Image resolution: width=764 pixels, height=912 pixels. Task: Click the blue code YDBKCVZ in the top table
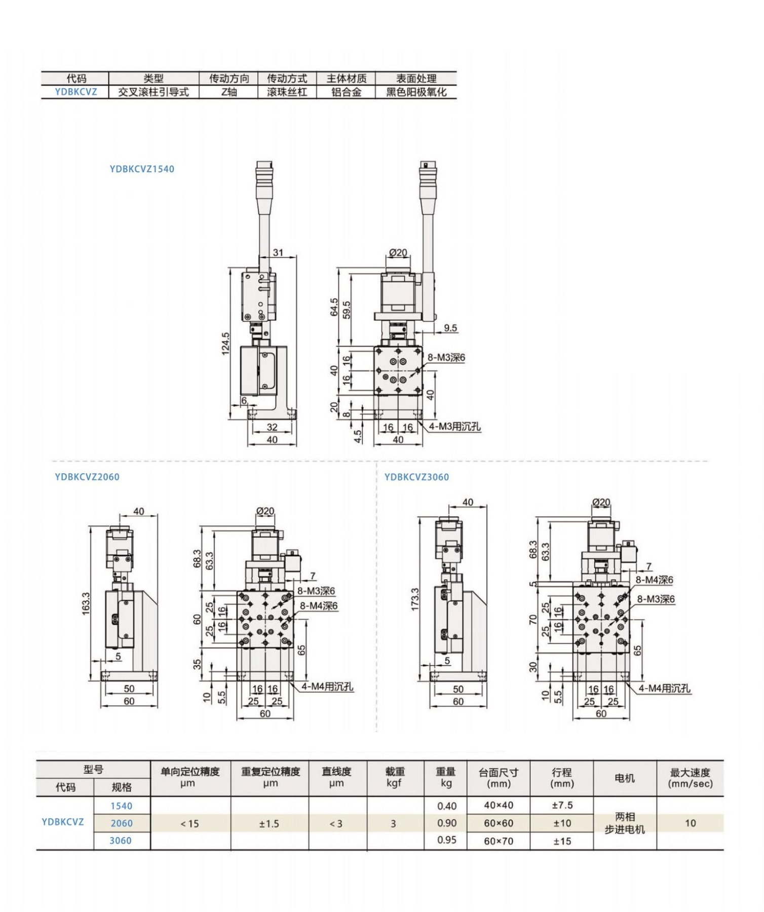75,92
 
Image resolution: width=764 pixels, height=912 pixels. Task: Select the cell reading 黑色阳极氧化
416,92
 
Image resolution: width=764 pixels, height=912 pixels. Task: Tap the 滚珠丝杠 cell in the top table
287,92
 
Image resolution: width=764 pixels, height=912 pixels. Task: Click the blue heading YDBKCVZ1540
142,169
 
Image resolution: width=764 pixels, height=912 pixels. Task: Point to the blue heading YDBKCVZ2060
87,477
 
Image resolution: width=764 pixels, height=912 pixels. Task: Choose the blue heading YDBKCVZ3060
416,477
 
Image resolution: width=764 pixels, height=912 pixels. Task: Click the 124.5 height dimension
225,344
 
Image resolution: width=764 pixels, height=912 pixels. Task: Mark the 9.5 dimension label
450,328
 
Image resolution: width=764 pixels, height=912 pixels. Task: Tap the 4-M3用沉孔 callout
454,427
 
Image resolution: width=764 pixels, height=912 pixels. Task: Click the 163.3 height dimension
86,603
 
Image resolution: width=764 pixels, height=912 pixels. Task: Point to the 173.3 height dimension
415,599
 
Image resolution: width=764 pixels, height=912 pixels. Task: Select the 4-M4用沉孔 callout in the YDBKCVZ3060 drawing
664,688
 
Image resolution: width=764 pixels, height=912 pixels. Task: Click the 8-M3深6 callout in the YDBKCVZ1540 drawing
446,358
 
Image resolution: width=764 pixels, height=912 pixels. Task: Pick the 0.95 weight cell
446,840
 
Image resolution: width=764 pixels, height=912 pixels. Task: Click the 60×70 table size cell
499,841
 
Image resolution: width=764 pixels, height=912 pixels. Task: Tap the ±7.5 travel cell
562,805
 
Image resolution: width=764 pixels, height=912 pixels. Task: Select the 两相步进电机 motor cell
625,823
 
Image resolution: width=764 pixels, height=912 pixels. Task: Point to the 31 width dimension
278,252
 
